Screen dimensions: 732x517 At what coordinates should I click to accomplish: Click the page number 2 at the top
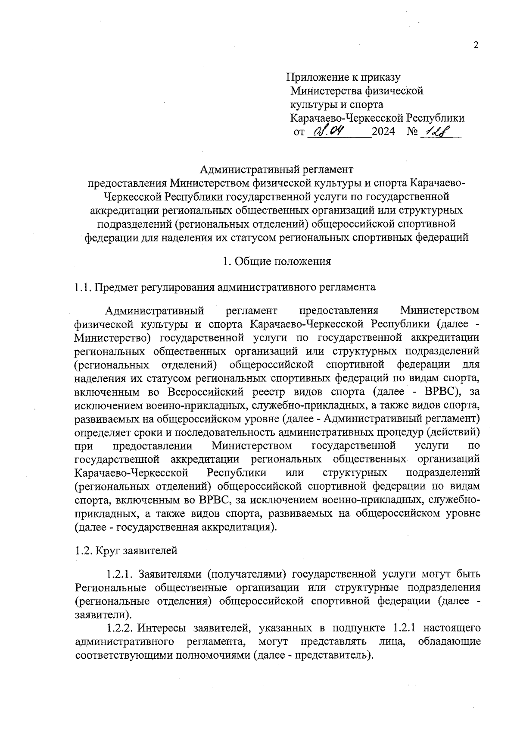[x=476, y=45]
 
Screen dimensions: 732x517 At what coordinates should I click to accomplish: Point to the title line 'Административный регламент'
[x=277, y=169]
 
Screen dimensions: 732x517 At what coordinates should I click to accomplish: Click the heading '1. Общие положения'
[x=277, y=261]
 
